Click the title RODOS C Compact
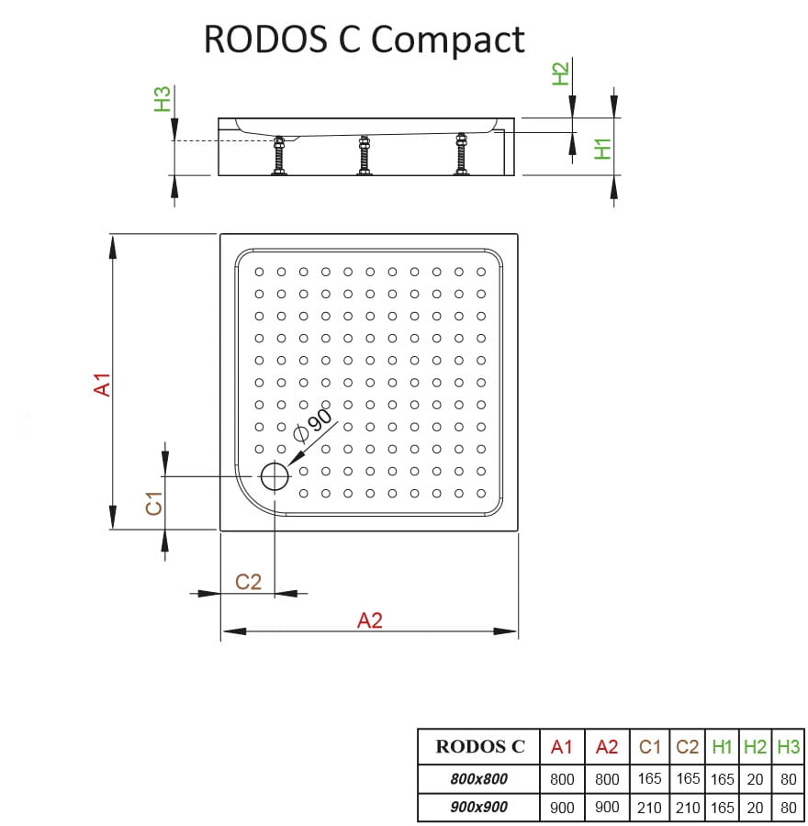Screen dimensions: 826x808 pyautogui.click(x=364, y=39)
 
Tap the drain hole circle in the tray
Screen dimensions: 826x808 pyautogui.click(x=274, y=476)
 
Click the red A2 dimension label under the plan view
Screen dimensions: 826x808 pyautogui.click(x=369, y=620)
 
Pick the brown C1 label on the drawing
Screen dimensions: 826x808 pyautogui.click(x=153, y=503)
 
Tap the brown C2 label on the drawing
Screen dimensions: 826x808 pyautogui.click(x=248, y=581)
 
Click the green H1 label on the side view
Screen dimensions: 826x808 pyautogui.click(x=602, y=148)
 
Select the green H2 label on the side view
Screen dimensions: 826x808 pyautogui.click(x=561, y=72)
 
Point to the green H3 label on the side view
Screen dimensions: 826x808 pyautogui.click(x=163, y=99)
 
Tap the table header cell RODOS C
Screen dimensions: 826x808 pyautogui.click(x=479, y=746)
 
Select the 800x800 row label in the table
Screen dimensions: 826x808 pyautogui.click(x=479, y=778)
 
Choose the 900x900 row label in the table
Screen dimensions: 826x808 pyautogui.click(x=479, y=808)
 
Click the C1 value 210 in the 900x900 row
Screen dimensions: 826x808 pyautogui.click(x=649, y=808)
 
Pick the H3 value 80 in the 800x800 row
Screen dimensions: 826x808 pyautogui.click(x=788, y=778)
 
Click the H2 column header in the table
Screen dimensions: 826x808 pyautogui.click(x=755, y=746)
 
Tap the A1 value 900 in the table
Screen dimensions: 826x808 pyautogui.click(x=561, y=808)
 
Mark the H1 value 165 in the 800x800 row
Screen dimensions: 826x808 pyautogui.click(x=723, y=778)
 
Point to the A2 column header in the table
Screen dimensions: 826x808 pyautogui.click(x=607, y=746)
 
